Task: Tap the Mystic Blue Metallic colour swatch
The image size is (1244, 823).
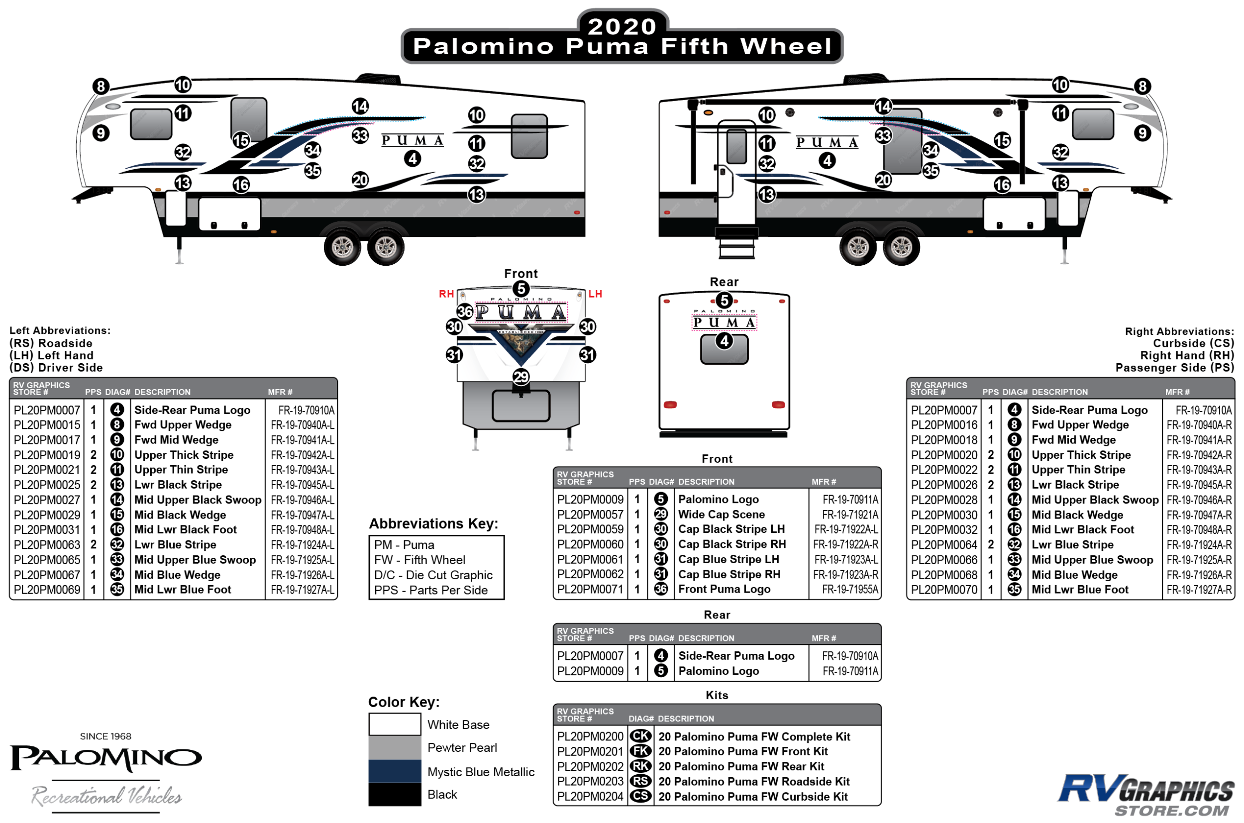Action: [x=394, y=771]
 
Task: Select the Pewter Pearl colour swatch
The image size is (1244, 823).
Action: [x=394, y=747]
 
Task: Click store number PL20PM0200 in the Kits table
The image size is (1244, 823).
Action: [x=590, y=736]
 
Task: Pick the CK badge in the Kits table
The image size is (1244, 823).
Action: [x=640, y=736]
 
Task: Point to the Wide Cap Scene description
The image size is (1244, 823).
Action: [x=721, y=514]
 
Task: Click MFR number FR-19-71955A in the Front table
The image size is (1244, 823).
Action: [x=850, y=590]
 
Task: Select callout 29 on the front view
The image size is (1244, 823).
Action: [x=520, y=377]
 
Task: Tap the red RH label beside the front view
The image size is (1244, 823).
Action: [x=446, y=294]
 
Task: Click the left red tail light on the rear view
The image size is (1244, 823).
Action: [x=670, y=405]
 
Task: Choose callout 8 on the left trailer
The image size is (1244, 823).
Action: [x=101, y=86]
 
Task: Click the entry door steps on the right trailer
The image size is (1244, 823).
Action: [x=736, y=244]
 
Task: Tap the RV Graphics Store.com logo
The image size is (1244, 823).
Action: [x=1145, y=794]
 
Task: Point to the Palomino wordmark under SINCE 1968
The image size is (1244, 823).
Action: [x=106, y=758]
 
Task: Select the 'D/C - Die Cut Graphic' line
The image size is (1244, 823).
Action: [x=433, y=575]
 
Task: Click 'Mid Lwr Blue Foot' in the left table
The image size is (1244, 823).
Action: [x=183, y=590]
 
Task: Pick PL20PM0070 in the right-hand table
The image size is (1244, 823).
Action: [x=944, y=590]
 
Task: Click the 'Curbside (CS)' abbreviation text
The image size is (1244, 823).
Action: [x=1193, y=343]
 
